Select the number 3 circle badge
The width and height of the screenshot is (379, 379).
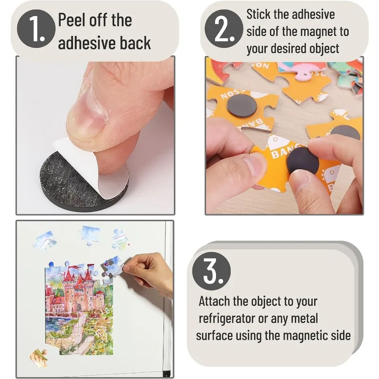tap(211, 271)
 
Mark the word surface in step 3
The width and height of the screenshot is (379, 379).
tap(215, 336)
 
